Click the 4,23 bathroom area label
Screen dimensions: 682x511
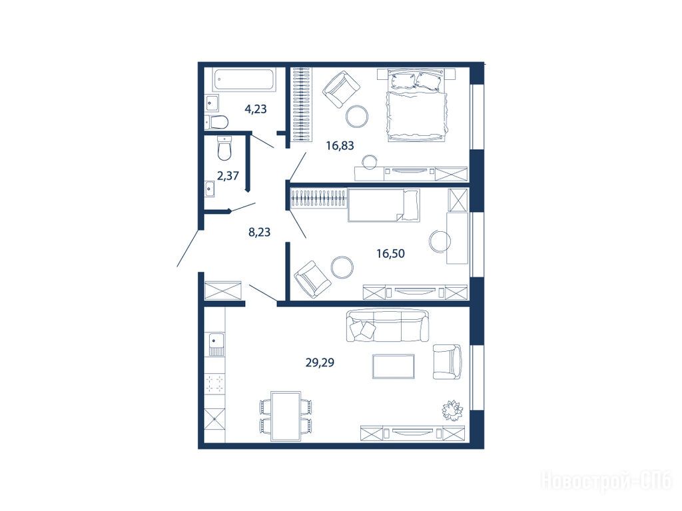[x=256, y=109]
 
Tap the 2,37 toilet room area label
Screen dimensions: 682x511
[x=228, y=176]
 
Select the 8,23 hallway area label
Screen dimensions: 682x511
[x=259, y=232]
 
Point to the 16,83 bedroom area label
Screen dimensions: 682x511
[x=340, y=145]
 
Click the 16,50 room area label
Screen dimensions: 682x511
[x=390, y=253]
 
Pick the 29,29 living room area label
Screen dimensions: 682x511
[x=320, y=362]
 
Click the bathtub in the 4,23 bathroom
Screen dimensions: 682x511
[x=244, y=80]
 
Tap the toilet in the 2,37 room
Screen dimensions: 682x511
[x=224, y=148]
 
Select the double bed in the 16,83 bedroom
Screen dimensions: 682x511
[x=416, y=105]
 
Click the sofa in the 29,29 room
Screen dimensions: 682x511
[x=387, y=325]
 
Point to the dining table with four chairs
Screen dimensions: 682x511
[x=286, y=416]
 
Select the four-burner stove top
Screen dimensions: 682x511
[x=215, y=383]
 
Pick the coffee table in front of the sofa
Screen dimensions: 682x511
[x=393, y=366]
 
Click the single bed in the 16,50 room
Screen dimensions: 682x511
[x=384, y=205]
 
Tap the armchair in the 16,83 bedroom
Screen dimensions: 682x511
[x=341, y=90]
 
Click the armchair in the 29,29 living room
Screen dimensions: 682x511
[x=448, y=362]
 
